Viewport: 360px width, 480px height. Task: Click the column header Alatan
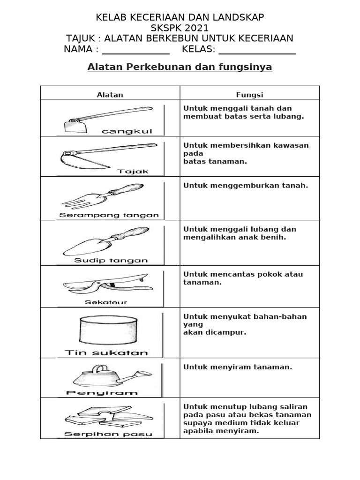[x=110, y=95]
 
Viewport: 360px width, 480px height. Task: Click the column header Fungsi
[x=249, y=95]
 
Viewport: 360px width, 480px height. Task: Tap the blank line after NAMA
[x=135, y=51]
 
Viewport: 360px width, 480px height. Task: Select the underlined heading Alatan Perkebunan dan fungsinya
[x=180, y=67]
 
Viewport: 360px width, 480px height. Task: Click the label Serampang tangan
[x=109, y=216]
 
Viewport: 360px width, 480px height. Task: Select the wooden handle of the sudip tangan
[x=133, y=233]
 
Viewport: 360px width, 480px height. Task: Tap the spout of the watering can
[x=141, y=375]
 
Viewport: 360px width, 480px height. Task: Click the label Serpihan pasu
[x=108, y=434]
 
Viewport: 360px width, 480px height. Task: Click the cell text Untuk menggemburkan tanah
[x=246, y=186]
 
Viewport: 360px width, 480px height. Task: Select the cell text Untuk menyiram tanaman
[x=238, y=367]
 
